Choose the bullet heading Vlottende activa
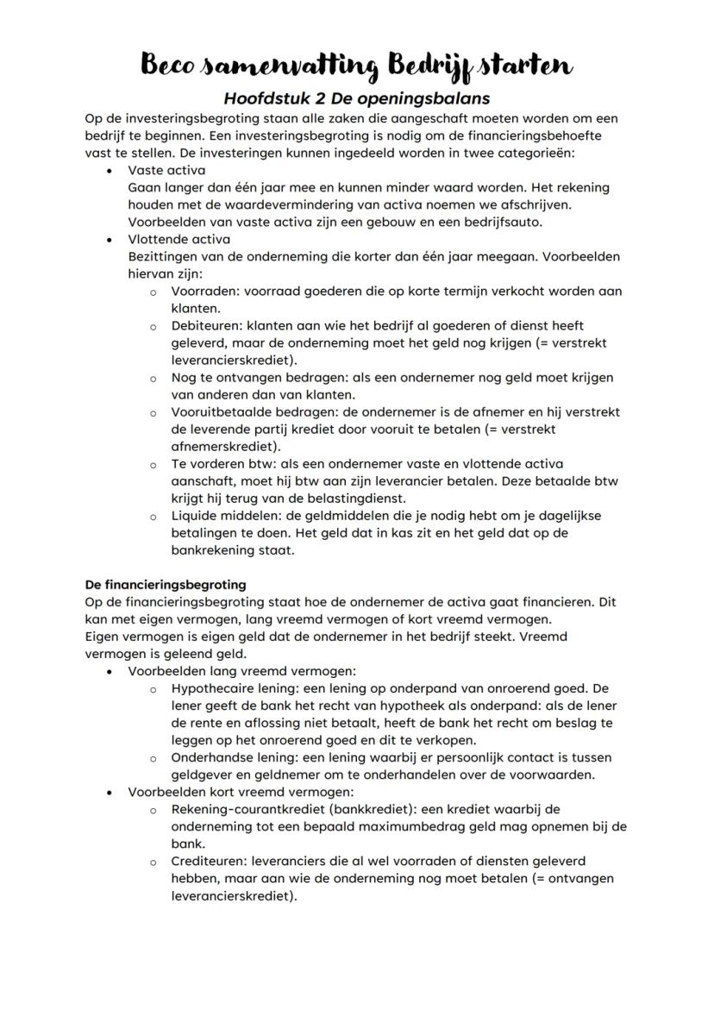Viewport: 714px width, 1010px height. point(179,239)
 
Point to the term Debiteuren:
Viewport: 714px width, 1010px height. point(207,326)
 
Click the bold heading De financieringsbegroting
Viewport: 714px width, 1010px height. point(166,585)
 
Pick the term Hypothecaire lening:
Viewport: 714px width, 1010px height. point(232,688)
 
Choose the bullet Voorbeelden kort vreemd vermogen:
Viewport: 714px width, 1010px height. point(241,792)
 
